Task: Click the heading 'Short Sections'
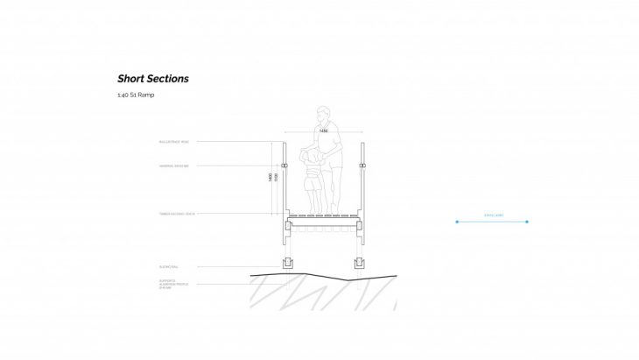point(153,79)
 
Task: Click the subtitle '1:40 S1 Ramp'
point(135,95)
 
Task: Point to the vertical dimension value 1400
point(270,177)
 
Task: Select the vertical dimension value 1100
point(276,177)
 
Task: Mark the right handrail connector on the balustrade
point(361,165)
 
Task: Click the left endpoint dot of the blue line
point(456,222)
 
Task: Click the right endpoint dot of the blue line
point(527,222)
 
